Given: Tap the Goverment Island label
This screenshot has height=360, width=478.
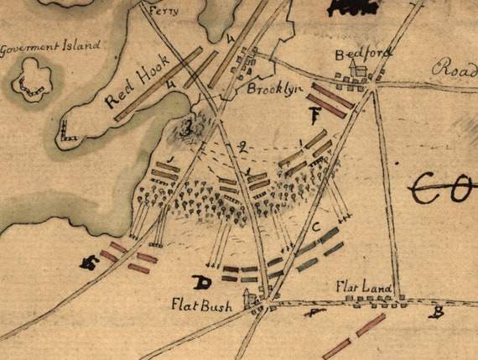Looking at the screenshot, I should point(51,46).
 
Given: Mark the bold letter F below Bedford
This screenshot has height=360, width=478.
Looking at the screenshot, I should point(315,115).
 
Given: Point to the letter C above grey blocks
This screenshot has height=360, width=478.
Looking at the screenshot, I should point(315,227).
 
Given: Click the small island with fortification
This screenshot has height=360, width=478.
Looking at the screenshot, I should point(32,78).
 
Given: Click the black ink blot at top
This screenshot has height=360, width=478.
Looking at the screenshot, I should point(351,7).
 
